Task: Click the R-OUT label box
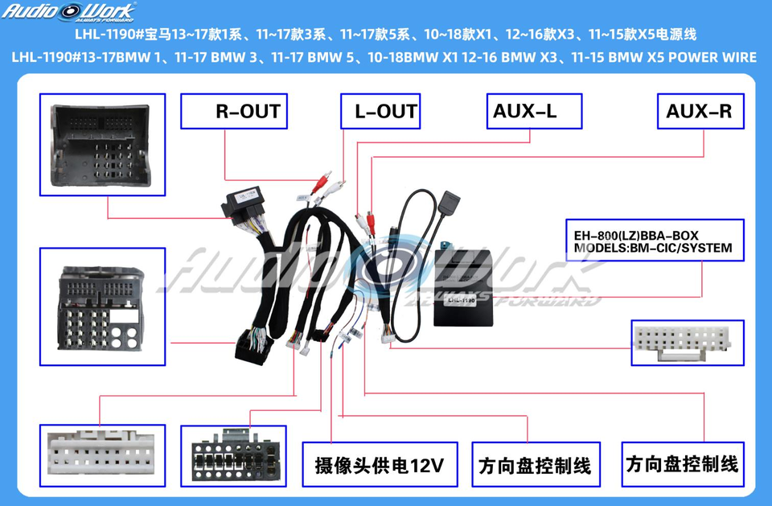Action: coord(234,111)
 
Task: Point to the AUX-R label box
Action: coord(699,111)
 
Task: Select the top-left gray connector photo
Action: coord(102,144)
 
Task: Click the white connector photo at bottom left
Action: coord(98,455)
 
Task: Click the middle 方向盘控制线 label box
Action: coord(534,465)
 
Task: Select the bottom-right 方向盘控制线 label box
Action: coord(682,463)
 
